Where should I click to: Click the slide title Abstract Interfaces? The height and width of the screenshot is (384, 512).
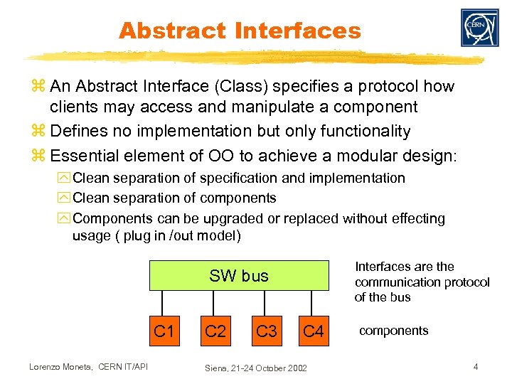240,31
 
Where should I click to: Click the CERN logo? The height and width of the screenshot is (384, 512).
479,28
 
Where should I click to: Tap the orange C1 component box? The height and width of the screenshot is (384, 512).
164,331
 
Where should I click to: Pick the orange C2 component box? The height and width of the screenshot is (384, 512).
215,331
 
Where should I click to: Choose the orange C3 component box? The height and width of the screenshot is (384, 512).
266,331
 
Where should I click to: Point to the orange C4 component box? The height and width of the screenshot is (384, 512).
314,331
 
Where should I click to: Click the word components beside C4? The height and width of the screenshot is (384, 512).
393,331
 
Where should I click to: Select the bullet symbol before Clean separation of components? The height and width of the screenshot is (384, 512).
65,198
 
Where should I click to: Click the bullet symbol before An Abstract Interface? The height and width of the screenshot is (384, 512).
41,87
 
